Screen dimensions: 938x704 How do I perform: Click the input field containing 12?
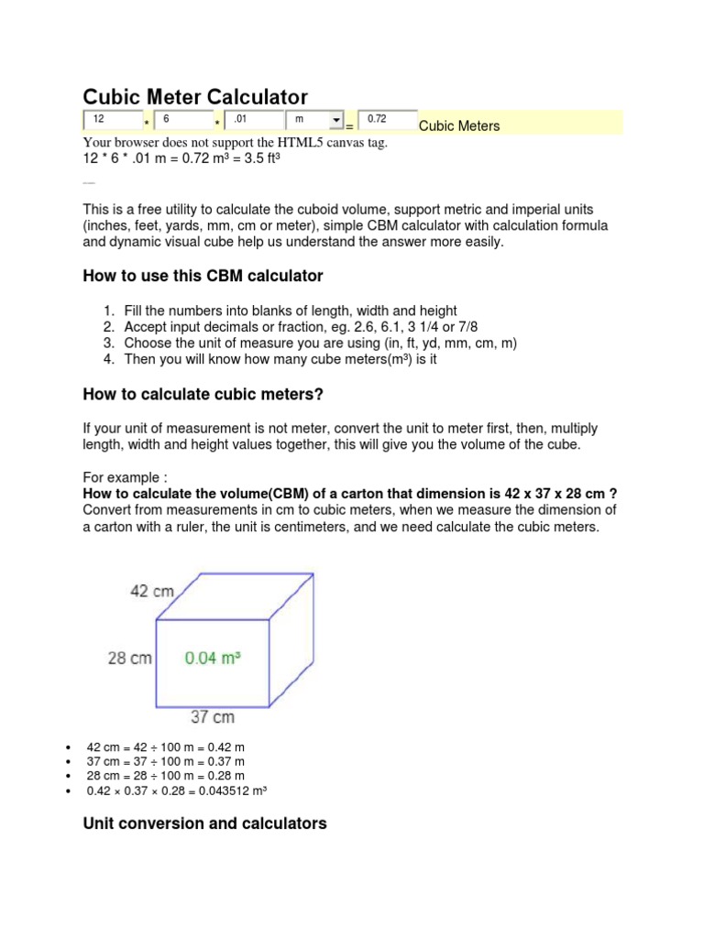coord(113,121)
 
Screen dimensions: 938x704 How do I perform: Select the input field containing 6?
coord(182,121)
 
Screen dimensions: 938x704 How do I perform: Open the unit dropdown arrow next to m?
coord(335,121)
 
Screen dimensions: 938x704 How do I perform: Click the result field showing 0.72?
coord(386,121)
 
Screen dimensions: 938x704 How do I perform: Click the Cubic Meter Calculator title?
coord(195,96)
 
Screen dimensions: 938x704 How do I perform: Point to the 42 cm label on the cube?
coord(152,591)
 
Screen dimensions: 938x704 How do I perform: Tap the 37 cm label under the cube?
coord(213,716)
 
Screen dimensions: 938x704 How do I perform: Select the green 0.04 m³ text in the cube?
coord(213,657)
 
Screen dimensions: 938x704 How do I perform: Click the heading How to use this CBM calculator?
coord(203,276)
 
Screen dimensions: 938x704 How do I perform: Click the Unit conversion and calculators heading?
coord(204,823)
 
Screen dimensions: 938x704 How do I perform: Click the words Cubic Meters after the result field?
coord(459,126)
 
